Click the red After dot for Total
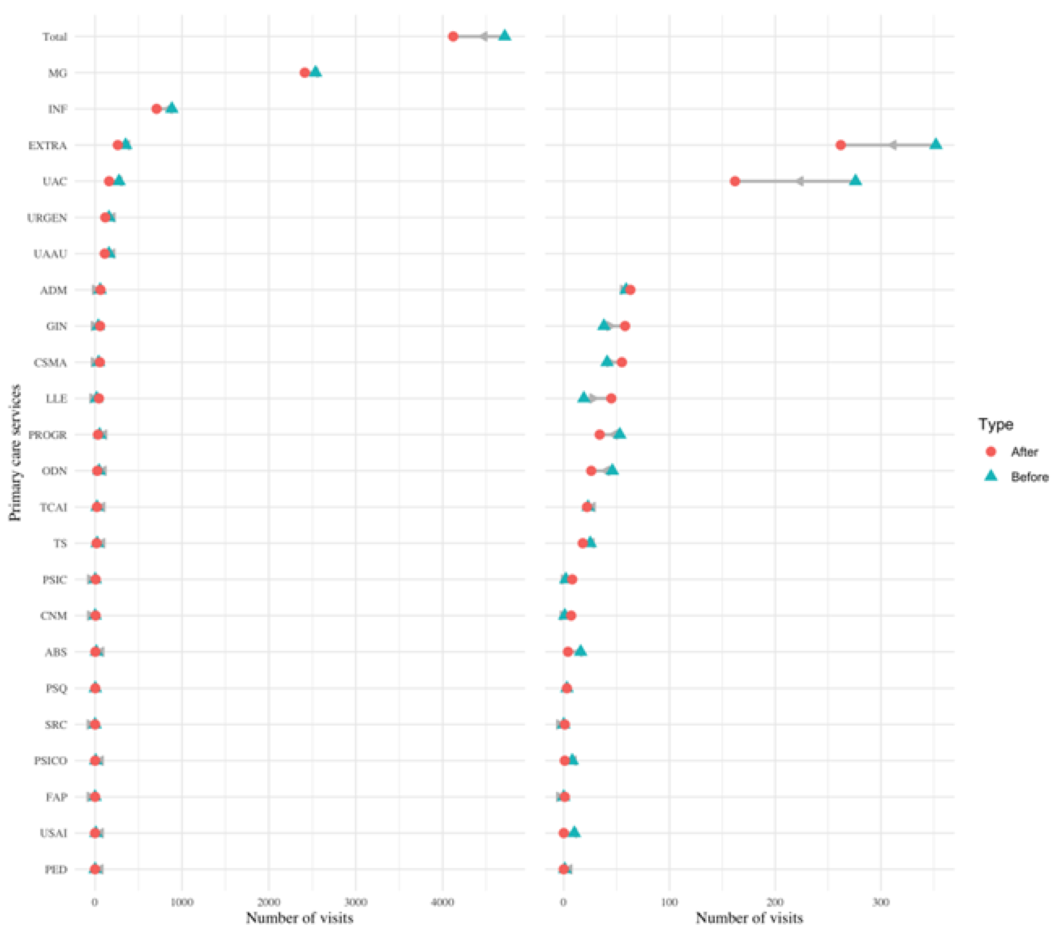[452, 36]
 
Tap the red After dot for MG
[304, 73]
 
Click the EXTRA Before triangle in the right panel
[935, 144]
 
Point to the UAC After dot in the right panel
[734, 181]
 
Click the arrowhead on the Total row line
[483, 36]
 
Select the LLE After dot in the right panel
[611, 398]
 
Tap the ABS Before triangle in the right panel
[580, 651]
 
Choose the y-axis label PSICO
[51, 761]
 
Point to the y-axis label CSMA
[51, 362]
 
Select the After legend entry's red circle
[991, 451]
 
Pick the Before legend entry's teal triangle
[991, 476]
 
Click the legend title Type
[995, 424]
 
